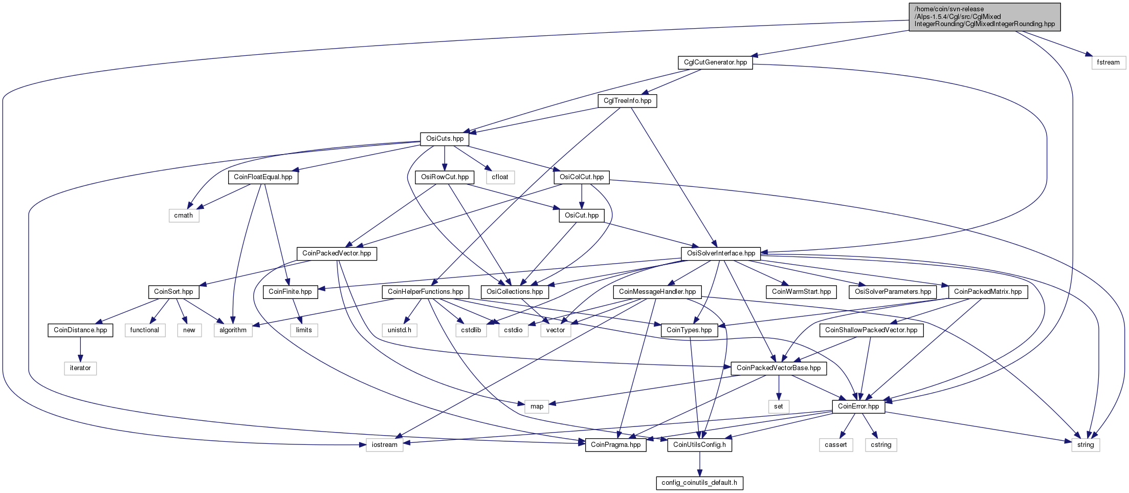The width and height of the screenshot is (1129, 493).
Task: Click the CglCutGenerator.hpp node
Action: (x=715, y=62)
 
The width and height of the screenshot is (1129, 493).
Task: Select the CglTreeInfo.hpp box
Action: (x=627, y=101)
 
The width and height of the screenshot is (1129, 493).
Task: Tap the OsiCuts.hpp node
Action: (x=445, y=139)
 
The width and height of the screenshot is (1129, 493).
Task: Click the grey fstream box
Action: (x=1109, y=62)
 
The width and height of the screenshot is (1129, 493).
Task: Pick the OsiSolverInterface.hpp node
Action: (x=721, y=253)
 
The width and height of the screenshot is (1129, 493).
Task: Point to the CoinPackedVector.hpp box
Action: (x=337, y=253)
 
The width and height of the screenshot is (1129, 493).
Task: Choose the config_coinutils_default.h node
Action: (x=699, y=483)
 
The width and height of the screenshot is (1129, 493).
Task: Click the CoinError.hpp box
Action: (x=858, y=406)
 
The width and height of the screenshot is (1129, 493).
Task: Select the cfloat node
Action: (x=500, y=177)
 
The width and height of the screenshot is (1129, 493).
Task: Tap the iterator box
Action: (x=80, y=368)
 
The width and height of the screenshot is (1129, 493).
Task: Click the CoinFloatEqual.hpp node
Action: (x=263, y=177)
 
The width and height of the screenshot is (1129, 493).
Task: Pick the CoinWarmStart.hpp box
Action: (x=801, y=292)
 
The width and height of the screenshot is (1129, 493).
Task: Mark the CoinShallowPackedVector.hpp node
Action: (x=871, y=330)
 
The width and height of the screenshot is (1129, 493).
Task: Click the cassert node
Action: (x=836, y=445)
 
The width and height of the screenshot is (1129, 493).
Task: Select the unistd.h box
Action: (x=399, y=330)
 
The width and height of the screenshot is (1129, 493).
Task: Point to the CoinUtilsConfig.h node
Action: (x=699, y=445)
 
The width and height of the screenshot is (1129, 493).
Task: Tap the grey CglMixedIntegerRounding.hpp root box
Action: (x=984, y=16)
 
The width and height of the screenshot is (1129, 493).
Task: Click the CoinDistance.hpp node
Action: (x=80, y=330)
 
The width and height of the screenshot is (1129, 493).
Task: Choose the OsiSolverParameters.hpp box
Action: (x=893, y=292)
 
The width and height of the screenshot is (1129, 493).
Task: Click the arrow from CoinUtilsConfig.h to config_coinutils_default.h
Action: (x=699, y=464)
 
